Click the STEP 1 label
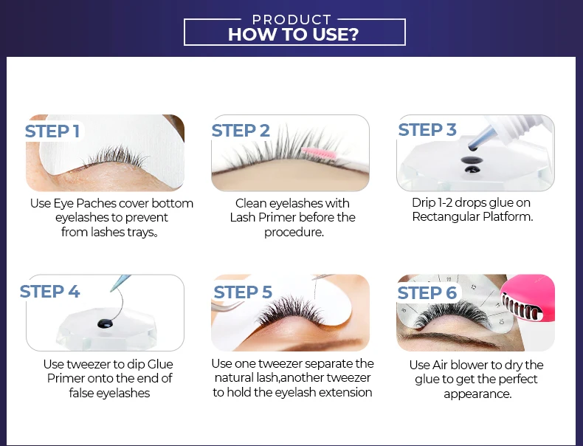point(52,131)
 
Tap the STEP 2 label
point(241,131)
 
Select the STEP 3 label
point(427,130)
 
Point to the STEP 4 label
point(50,291)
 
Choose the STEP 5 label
point(243,292)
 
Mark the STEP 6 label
point(427,292)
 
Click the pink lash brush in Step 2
point(320,153)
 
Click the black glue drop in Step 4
point(106,323)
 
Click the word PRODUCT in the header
point(291,20)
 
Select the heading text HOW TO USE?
point(294,34)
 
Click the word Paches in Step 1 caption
point(97,204)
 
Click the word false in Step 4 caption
point(81,393)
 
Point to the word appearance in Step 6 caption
point(477,394)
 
